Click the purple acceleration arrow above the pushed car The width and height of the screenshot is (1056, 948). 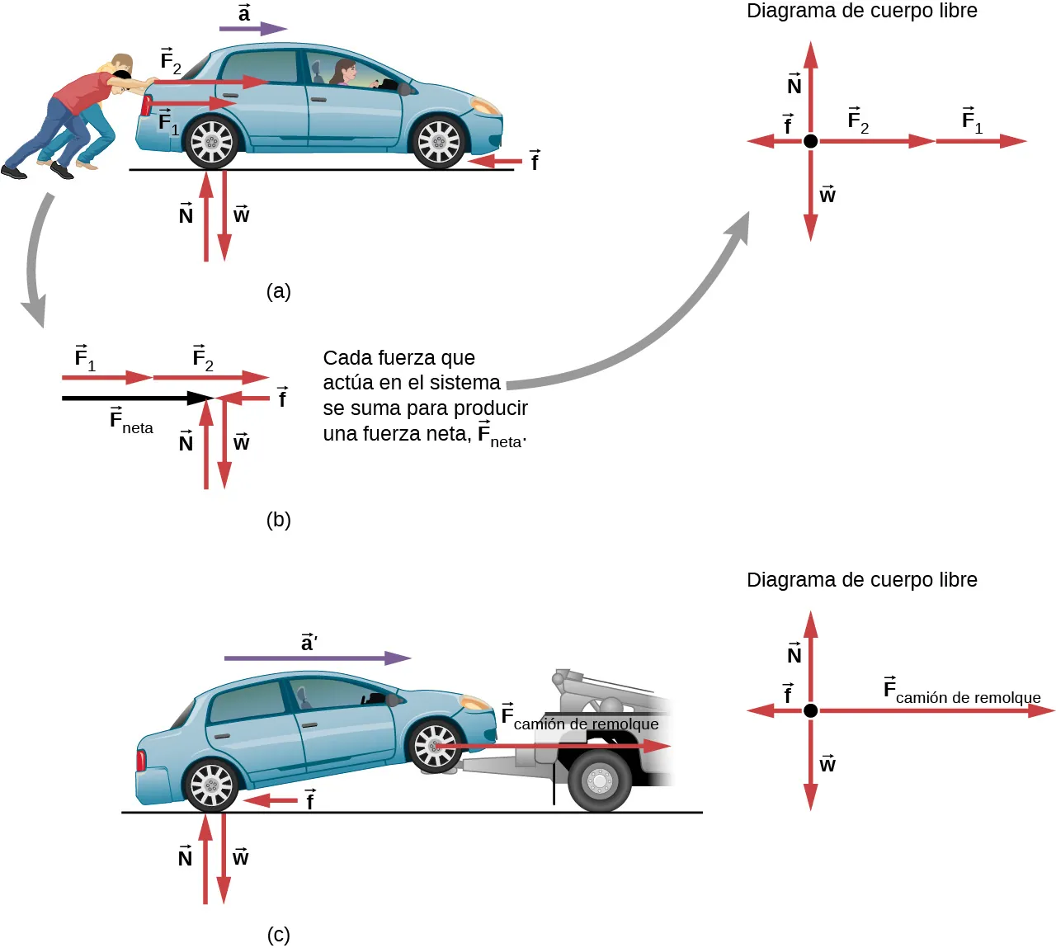click(252, 29)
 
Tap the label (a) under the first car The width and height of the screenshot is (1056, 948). click(279, 291)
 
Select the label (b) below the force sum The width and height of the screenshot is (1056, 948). click(279, 520)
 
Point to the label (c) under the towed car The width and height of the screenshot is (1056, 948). click(279, 935)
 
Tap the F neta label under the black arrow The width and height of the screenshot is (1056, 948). click(131, 422)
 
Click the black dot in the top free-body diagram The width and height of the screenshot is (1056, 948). click(811, 141)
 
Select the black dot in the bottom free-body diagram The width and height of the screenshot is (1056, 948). click(811, 710)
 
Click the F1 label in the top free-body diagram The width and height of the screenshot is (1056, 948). click(972, 121)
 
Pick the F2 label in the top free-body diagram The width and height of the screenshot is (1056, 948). click(858, 121)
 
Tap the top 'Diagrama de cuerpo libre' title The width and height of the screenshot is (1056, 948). click(861, 12)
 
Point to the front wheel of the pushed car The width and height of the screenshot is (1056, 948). click(439, 142)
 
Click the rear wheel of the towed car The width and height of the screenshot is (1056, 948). click(212, 785)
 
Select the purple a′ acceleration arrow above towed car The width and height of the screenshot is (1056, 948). click(317, 658)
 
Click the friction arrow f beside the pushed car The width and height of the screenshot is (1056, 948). click(495, 161)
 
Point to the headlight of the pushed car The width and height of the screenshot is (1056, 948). click(484, 107)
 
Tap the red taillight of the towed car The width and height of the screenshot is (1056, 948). click(141, 759)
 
